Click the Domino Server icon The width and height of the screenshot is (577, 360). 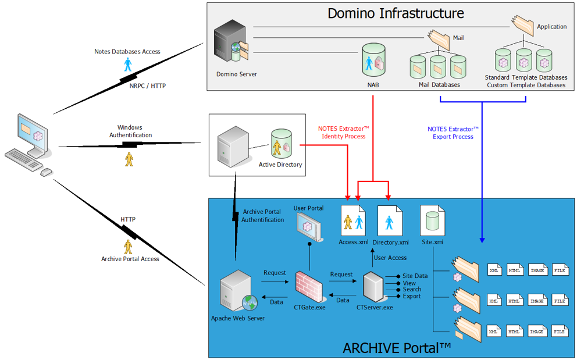coord(231,44)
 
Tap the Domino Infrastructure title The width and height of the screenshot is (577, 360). coord(396,13)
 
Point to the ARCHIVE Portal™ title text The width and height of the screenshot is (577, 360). coord(397,348)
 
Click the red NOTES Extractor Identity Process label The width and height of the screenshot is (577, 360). coord(343,133)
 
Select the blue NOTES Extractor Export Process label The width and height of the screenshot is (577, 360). coord(453,133)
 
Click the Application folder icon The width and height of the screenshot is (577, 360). coord(522,24)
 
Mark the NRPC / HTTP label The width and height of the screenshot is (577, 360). coord(147,85)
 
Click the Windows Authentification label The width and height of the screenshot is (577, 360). coord(130,131)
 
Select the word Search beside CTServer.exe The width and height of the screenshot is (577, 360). coord(412,289)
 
